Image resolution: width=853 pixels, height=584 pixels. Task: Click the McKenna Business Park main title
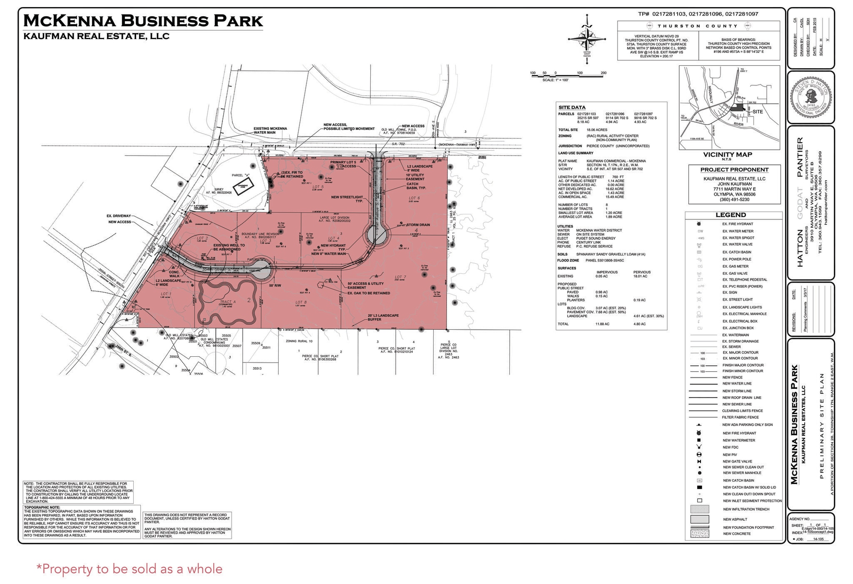143,20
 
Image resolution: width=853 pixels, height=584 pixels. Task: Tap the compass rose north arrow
587,38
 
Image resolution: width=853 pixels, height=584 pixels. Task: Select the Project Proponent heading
734,169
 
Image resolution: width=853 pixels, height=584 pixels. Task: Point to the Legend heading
731,215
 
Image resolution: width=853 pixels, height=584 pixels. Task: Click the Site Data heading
572,107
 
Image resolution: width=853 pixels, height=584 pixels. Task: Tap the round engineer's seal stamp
811,97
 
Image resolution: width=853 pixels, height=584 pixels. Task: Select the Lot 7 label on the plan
400,277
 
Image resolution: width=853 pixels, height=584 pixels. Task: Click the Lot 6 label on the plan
414,198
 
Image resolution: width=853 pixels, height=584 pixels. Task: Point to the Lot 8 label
301,302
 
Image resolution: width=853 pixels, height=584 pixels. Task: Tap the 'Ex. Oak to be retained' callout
369,293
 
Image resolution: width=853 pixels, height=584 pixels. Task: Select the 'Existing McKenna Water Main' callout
270,131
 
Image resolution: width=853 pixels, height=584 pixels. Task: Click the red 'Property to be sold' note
130,569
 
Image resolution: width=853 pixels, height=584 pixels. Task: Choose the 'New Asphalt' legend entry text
735,519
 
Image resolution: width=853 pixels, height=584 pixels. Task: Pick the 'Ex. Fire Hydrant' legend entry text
738,224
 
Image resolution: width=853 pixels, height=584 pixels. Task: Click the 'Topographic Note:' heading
42,507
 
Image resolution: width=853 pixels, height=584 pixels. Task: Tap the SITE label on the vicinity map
758,112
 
